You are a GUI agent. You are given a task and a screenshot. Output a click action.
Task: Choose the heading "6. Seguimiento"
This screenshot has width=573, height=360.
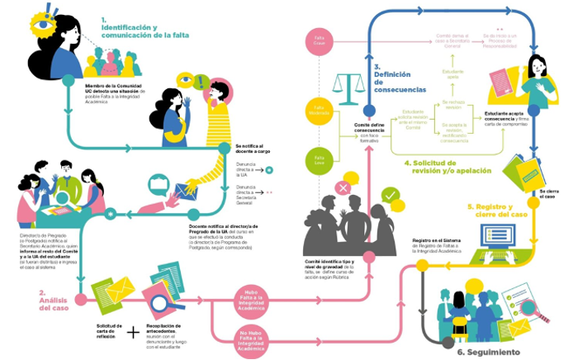coord(490,353)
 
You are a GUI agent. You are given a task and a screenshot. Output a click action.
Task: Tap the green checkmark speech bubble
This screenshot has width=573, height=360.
coord(391,198)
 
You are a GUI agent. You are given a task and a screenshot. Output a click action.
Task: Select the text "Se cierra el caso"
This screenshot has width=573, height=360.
coord(548,193)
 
